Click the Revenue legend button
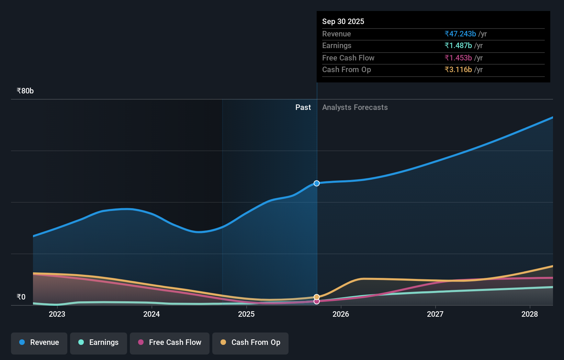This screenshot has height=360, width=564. (39, 343)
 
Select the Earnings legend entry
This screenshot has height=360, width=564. (99, 343)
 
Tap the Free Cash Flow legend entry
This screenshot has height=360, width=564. (170, 343)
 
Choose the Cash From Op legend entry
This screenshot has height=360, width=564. (250, 343)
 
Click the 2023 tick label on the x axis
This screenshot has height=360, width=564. (57, 314)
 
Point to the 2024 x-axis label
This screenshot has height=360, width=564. (151, 314)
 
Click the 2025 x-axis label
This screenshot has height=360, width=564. (246, 314)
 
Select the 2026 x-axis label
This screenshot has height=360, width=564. (341, 314)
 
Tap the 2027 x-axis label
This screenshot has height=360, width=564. (435, 314)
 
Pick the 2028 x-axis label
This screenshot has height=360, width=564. (530, 314)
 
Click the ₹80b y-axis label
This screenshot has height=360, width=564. (25, 91)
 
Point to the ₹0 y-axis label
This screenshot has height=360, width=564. (21, 297)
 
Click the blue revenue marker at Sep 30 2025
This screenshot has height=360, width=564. (317, 183)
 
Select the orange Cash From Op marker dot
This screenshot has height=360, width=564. (317, 297)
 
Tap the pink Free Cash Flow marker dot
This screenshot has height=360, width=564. (317, 301)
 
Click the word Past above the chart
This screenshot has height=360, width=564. (303, 108)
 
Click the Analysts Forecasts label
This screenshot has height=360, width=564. (355, 108)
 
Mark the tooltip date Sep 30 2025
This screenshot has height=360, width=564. (343, 21)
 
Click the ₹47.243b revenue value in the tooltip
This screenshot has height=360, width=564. (460, 34)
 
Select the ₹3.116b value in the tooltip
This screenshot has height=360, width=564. (458, 70)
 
